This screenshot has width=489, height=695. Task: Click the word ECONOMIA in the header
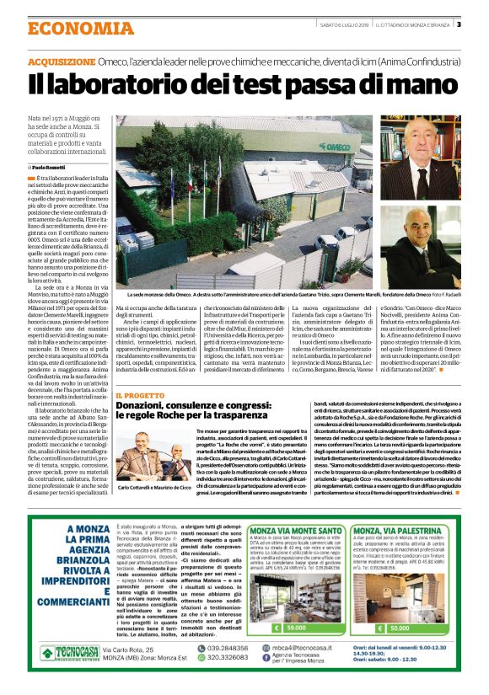point(68,29)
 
